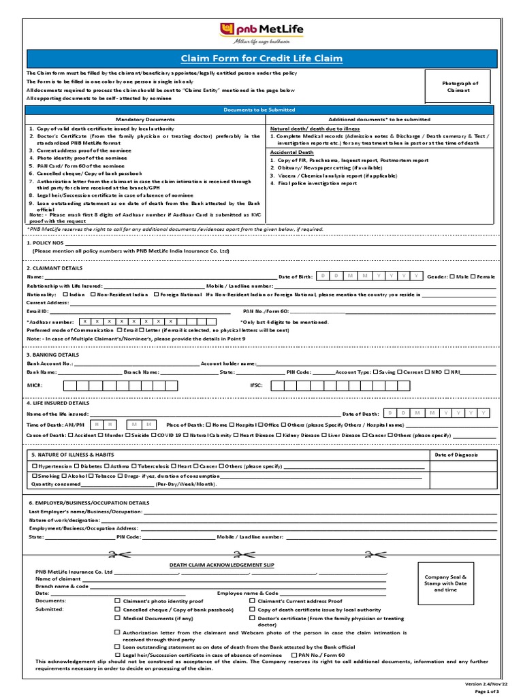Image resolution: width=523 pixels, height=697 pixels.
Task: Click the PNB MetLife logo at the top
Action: point(261,31)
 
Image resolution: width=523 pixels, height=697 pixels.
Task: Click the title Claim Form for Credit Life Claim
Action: point(261,59)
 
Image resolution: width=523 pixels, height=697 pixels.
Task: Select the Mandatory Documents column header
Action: point(145,119)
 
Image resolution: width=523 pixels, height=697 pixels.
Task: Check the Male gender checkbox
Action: point(451,277)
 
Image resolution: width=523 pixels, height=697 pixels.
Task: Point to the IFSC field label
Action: point(257,385)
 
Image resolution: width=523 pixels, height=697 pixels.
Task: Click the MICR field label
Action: point(35,385)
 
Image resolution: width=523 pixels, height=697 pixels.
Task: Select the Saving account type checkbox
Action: point(376,372)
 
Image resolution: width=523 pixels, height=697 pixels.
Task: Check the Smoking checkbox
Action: point(35,475)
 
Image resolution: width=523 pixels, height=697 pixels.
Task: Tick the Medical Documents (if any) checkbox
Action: point(118,619)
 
